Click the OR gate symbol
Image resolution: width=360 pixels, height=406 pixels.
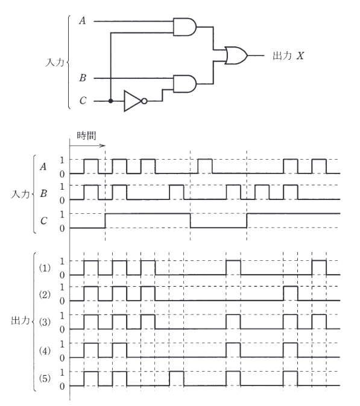[x=236, y=55]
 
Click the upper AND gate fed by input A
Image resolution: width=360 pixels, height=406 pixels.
[x=185, y=27]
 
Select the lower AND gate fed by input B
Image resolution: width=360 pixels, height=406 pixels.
[x=185, y=84]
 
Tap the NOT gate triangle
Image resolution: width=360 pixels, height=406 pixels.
[x=133, y=101]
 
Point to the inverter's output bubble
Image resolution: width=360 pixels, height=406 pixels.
[x=144, y=101]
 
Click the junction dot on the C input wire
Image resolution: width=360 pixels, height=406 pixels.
[x=111, y=101]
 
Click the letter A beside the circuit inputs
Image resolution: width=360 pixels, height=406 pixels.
[x=83, y=20]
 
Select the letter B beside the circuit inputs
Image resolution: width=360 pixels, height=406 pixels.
[x=83, y=78]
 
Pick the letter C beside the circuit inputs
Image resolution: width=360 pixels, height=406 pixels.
[x=83, y=101]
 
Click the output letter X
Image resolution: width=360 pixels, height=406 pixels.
[x=300, y=55]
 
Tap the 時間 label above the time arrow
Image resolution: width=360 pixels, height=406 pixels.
[x=86, y=136]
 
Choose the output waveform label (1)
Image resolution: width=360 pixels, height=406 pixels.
[x=45, y=268]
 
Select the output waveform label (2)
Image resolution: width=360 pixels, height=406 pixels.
[x=45, y=295]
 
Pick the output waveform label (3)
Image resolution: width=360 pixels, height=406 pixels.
[x=45, y=322]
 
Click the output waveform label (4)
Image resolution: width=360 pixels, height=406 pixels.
[x=45, y=351]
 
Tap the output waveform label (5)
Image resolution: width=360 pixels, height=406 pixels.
[x=45, y=379]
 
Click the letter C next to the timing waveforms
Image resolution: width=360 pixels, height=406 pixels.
[x=44, y=221]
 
